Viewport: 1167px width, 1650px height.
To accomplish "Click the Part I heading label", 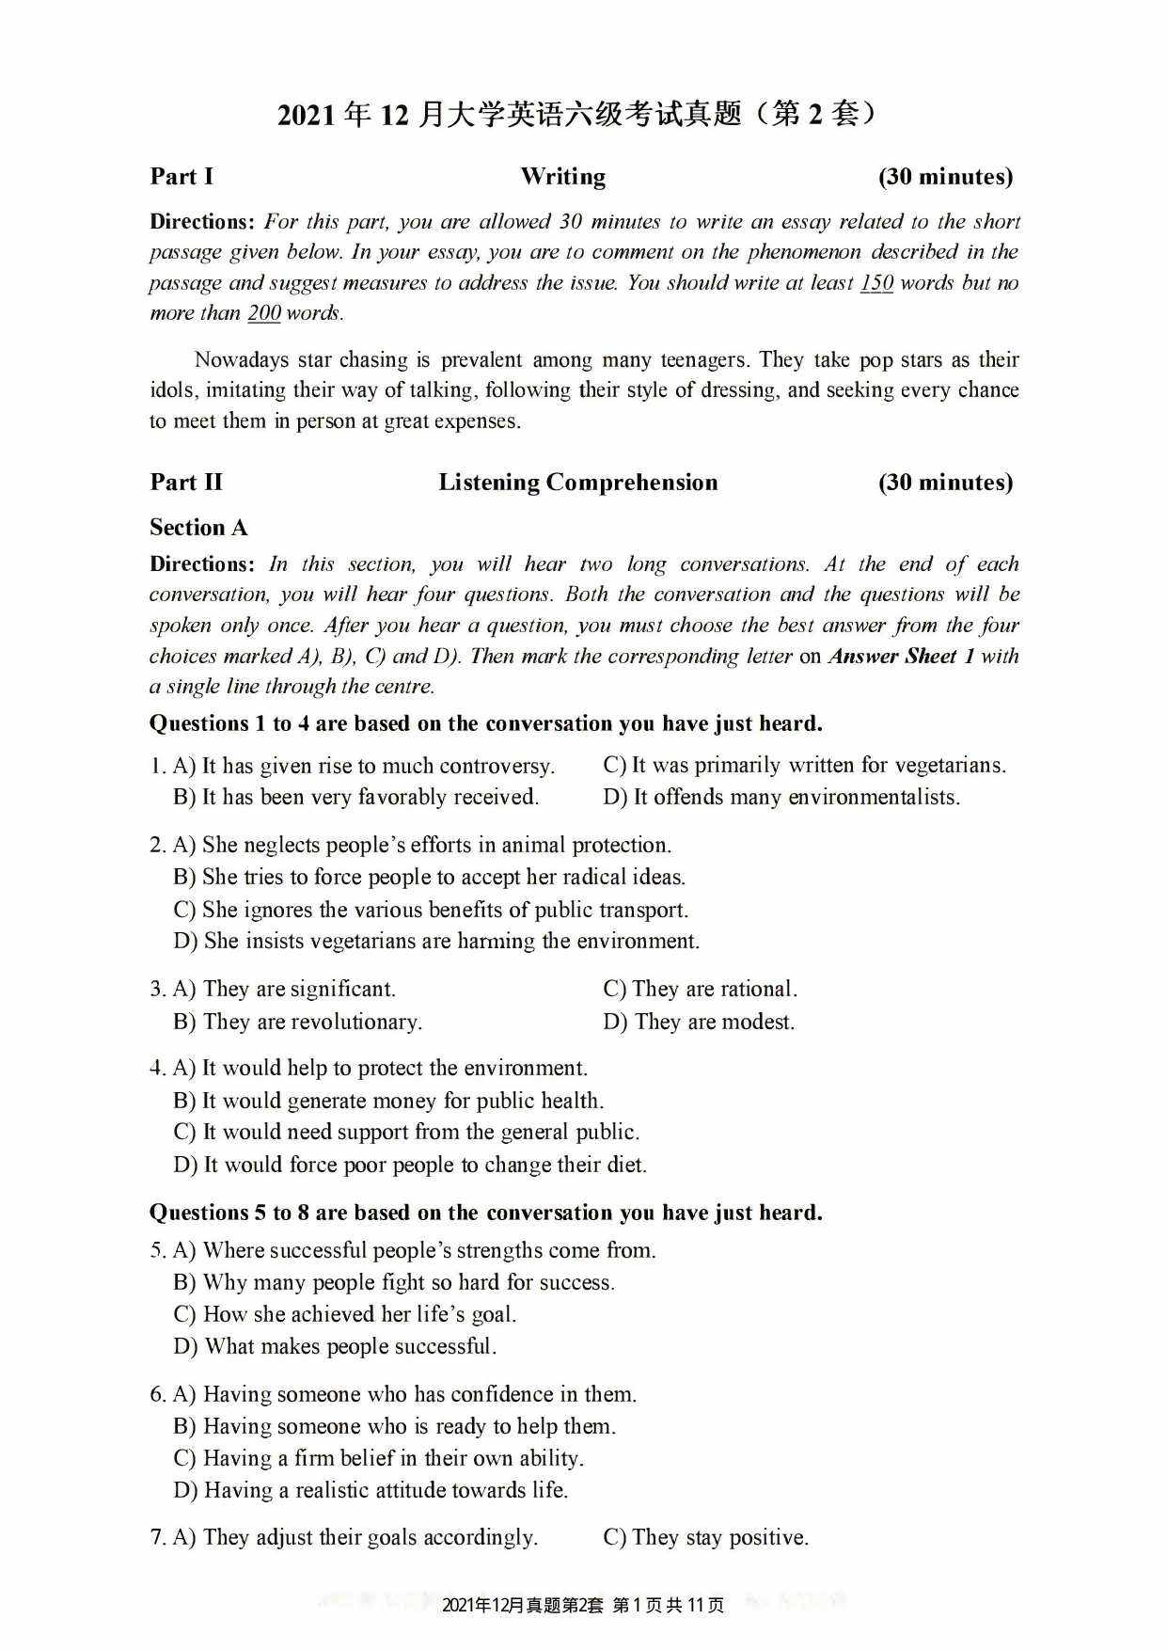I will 181,177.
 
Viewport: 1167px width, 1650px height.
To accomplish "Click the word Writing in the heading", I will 562,177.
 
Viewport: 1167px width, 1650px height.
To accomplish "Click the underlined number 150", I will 876,283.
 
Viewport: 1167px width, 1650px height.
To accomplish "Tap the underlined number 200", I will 264,313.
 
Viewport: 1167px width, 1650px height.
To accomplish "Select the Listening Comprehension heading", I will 577,483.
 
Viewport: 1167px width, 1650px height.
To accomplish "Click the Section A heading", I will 198,528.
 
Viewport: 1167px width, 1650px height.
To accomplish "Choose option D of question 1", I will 781,798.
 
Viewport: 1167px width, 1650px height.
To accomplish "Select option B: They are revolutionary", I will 298,1022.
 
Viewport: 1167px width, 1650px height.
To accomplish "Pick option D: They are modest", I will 700,1022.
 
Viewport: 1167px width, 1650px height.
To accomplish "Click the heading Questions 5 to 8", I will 485,1213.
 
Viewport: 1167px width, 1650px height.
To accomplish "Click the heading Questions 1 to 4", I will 485,723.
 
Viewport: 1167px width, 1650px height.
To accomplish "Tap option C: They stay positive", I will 706,1538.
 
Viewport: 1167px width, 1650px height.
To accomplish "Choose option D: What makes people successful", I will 336,1346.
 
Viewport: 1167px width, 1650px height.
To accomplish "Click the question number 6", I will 157,1395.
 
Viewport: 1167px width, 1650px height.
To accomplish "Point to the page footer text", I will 583,1606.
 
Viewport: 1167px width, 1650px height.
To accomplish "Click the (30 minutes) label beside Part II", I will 945,483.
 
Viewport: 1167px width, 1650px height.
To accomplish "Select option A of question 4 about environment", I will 381,1069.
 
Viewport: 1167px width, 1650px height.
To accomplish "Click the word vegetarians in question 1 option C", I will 948,766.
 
